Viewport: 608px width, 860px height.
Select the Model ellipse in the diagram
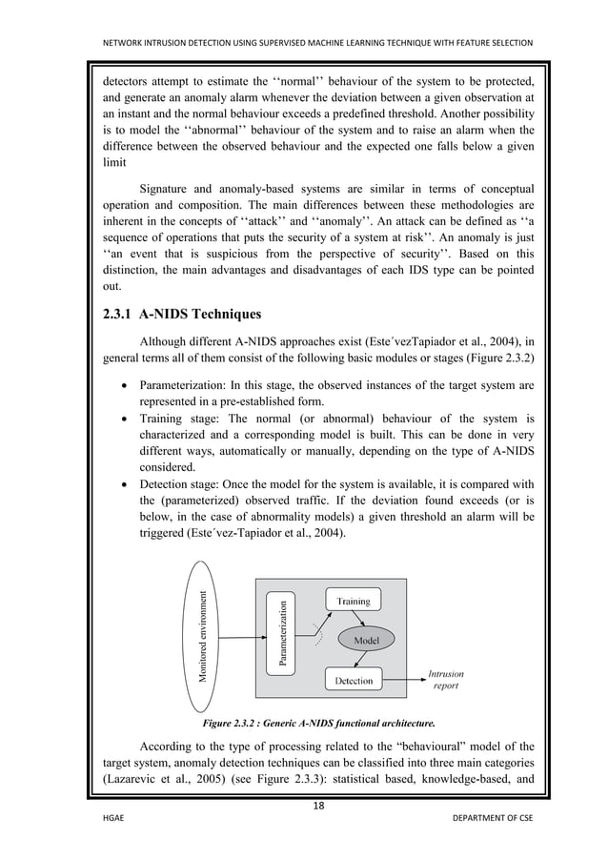(x=367, y=641)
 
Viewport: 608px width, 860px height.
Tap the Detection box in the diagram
(x=354, y=681)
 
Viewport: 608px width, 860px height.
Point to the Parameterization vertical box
(x=282, y=633)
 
